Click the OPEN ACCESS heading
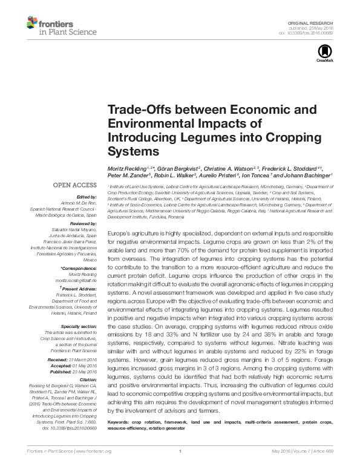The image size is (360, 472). tap(75, 185)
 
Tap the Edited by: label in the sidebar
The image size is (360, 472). tap(87, 196)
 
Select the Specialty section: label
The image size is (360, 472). tap(78, 326)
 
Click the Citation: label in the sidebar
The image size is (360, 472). tap(88, 379)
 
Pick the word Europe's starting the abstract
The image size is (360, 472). tap(120, 233)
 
